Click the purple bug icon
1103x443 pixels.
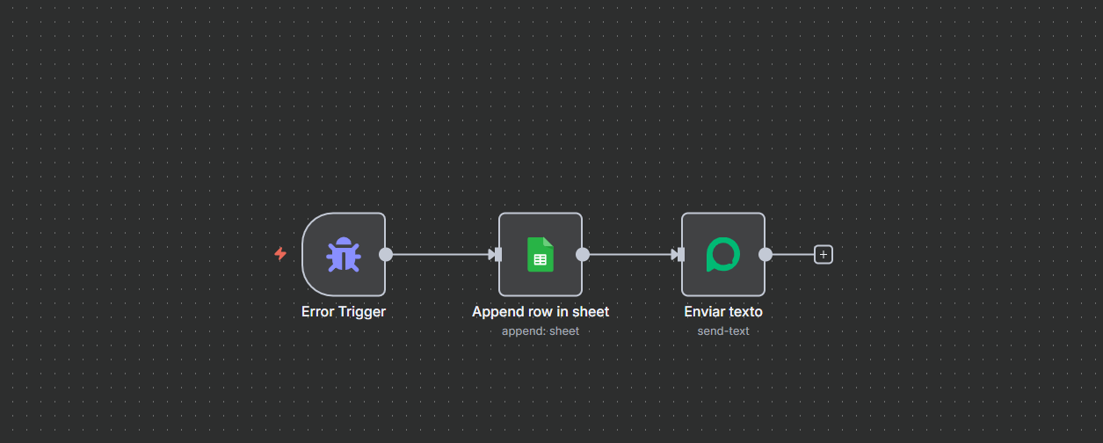point(344,255)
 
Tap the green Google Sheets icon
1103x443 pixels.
point(540,255)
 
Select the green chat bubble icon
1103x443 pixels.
point(722,255)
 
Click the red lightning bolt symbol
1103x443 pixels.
point(280,254)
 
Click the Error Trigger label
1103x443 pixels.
point(344,311)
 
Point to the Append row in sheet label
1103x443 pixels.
point(541,311)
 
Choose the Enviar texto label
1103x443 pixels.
point(723,311)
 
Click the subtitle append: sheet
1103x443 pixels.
point(541,330)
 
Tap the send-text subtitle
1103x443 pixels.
point(723,330)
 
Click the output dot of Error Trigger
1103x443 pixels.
point(386,255)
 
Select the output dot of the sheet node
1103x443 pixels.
point(582,255)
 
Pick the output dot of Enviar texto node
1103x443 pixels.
point(766,255)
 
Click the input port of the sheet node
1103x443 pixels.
point(497,255)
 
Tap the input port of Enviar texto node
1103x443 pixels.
point(679,255)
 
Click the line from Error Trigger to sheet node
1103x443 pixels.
point(439,255)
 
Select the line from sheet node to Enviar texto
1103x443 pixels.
point(628,255)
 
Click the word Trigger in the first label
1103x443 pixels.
point(361,311)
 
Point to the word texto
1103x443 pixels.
point(744,311)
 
